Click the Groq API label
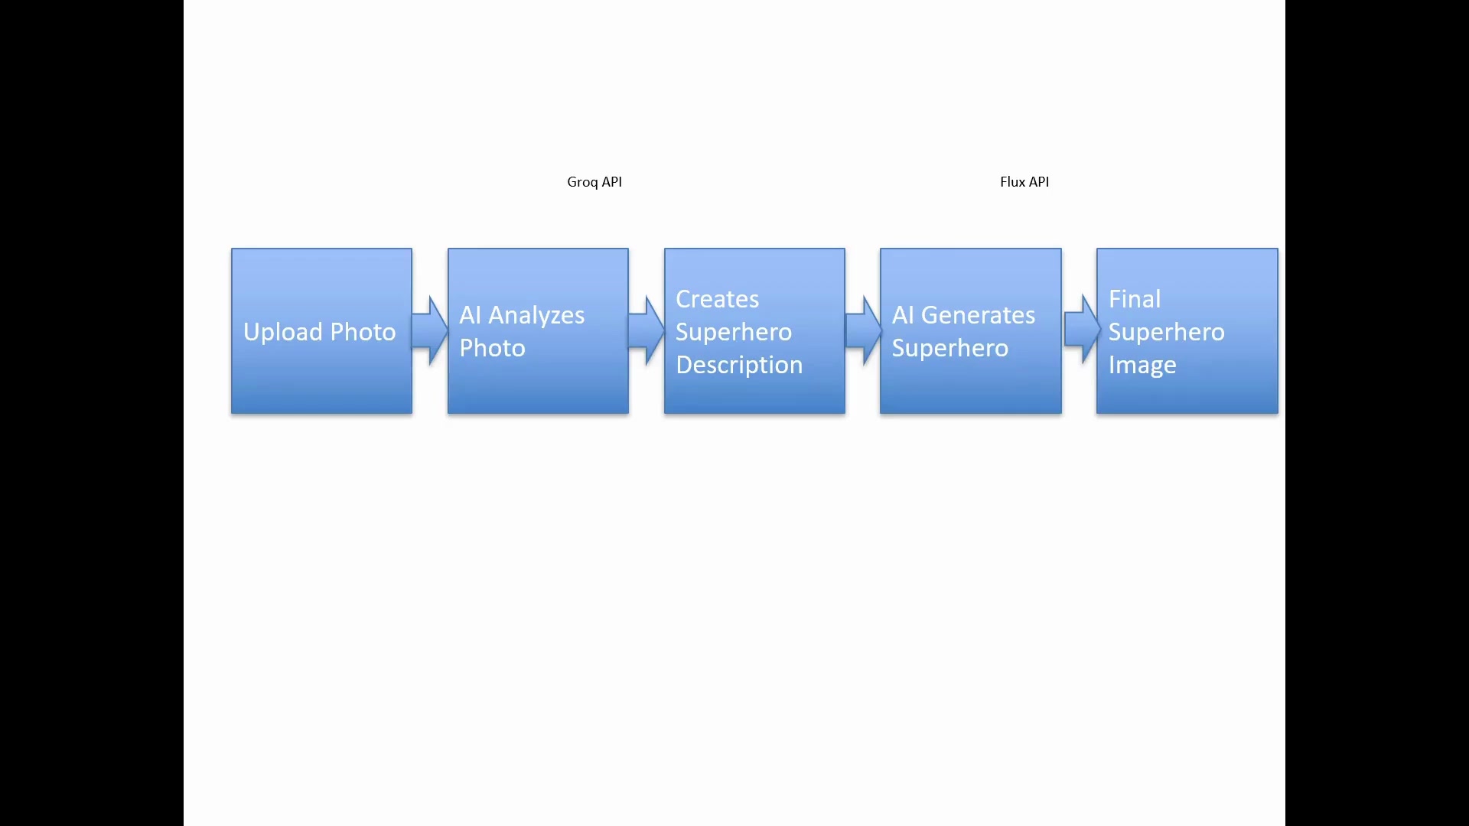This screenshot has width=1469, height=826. pyautogui.click(x=594, y=182)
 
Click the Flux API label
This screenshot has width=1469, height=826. pyautogui.click(x=1024, y=182)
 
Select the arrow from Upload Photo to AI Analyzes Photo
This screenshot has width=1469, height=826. pyautogui.click(x=430, y=330)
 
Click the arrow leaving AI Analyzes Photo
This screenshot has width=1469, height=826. pyautogui.click(x=647, y=330)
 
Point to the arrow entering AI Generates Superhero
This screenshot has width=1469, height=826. pyautogui.click(x=863, y=330)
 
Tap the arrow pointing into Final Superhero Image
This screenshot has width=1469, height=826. pyautogui.click(x=1080, y=330)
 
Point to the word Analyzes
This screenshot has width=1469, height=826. pyautogui.click(x=536, y=315)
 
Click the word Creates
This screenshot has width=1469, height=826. pyautogui.click(x=717, y=299)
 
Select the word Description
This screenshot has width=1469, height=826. pyautogui.click(x=739, y=365)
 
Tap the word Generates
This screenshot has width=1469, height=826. pyautogui.click(x=978, y=315)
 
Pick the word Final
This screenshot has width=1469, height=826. pyautogui.click(x=1135, y=299)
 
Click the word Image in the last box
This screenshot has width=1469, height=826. pyautogui.click(x=1142, y=366)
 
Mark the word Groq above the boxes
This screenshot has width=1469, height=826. pyautogui.click(x=582, y=182)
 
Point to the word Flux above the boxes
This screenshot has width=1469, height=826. pyautogui.click(x=1012, y=182)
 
